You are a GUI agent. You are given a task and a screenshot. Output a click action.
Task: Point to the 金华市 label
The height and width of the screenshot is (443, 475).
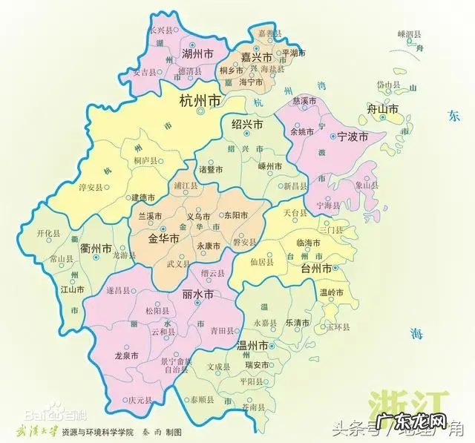pos(163,239)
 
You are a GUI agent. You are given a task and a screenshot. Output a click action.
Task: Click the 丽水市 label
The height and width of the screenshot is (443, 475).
pos(197,295)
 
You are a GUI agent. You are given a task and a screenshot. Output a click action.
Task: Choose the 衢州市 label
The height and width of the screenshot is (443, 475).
pos(96,249)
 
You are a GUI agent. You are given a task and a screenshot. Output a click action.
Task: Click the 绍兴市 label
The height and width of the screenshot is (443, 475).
pos(248,125)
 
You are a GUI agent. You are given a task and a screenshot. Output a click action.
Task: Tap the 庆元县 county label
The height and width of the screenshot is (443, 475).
pos(140,400)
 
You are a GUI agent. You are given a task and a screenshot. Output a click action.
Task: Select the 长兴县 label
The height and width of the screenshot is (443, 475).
pos(161,30)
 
